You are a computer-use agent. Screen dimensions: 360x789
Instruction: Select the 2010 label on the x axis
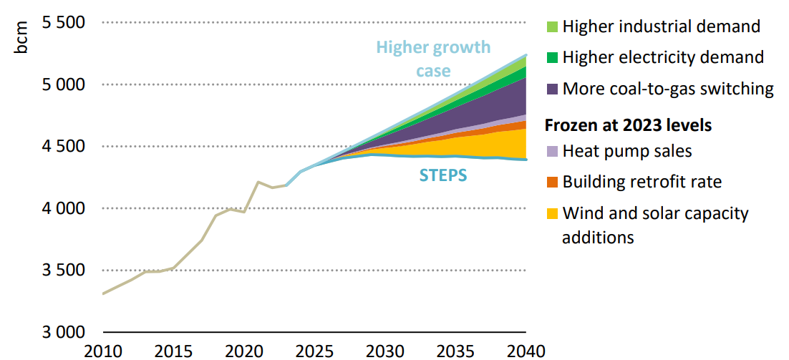click(x=103, y=351)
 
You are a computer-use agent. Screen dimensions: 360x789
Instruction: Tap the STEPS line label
click(x=443, y=175)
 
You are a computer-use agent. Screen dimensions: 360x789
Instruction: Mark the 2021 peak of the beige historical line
click(x=258, y=182)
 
